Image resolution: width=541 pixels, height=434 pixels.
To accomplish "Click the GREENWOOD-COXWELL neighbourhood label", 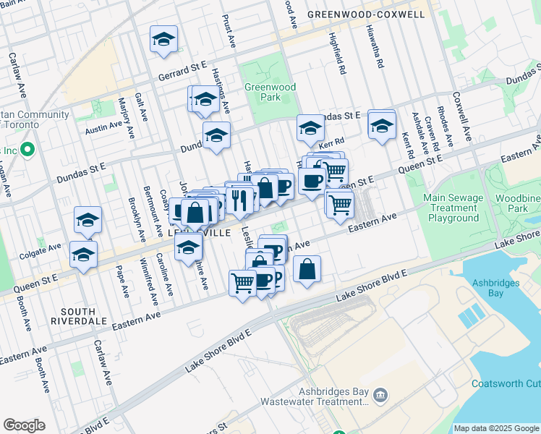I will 365,14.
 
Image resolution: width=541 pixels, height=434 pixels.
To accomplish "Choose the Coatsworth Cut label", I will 506,383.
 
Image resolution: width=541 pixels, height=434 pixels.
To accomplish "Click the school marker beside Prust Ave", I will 164,39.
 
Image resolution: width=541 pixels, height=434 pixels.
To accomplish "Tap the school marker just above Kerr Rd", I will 310,129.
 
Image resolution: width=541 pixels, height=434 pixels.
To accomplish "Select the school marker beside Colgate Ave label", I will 88,219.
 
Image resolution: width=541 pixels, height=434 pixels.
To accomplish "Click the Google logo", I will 25,425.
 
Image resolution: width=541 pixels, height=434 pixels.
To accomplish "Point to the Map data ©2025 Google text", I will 496,428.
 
